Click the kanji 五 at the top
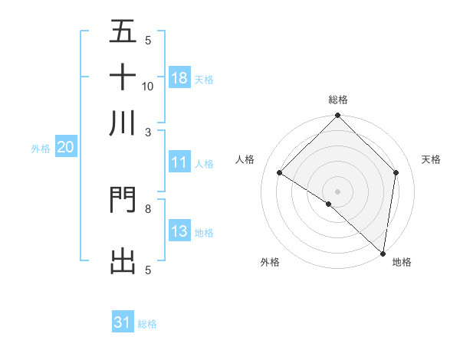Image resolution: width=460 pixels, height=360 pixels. point(123,32)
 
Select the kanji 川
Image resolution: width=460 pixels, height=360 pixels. point(123,123)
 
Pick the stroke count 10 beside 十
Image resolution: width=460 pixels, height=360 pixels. point(148,86)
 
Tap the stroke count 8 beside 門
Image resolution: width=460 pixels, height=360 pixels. point(148,208)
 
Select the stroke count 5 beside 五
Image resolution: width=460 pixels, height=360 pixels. point(148,41)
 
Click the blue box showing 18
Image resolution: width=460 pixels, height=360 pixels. point(179,77)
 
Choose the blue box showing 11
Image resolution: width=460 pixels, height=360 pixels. point(179,162)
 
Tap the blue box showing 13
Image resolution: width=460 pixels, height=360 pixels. point(179,231)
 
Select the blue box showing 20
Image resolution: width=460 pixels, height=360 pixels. point(66,148)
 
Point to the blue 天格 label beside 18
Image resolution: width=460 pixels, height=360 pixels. point(204,79)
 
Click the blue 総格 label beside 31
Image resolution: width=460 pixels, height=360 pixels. point(147,324)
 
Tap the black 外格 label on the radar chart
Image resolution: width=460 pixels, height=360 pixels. point(270,262)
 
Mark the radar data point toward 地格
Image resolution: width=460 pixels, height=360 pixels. point(383,252)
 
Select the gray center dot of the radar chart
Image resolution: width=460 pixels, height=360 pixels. point(337,191)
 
